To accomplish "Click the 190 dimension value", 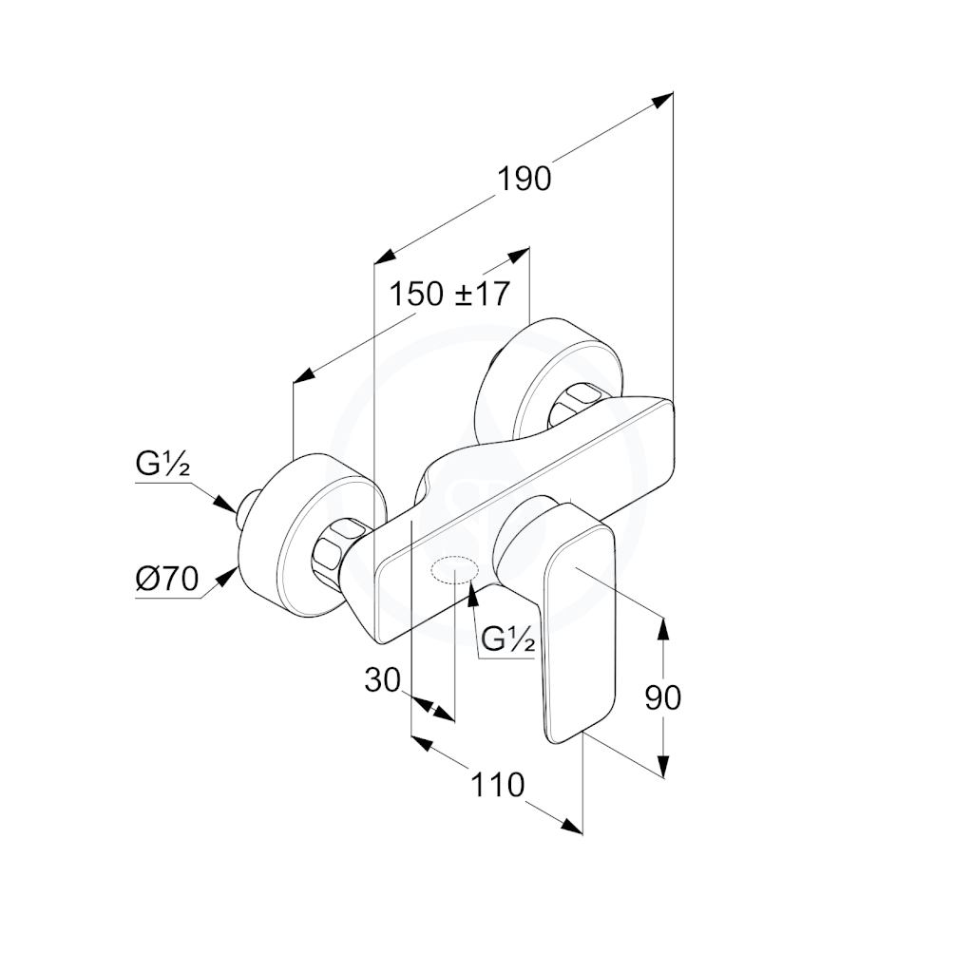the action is coord(524,179).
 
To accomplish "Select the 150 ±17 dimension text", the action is coord(449,294).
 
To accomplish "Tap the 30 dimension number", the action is coord(382,680).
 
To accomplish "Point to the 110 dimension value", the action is coord(498,785).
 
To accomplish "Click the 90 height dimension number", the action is coord(662,697).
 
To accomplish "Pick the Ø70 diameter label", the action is coord(167,579).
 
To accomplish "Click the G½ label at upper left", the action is coord(162,464).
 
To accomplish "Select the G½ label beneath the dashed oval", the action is coord(508,639).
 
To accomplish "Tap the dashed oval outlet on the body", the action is coord(455,570).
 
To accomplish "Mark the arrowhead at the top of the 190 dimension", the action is coord(662,100).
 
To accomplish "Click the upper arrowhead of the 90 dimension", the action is coord(663,627).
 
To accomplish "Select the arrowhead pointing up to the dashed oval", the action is coord(472,593).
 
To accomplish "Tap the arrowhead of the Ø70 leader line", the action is coord(228,577).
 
